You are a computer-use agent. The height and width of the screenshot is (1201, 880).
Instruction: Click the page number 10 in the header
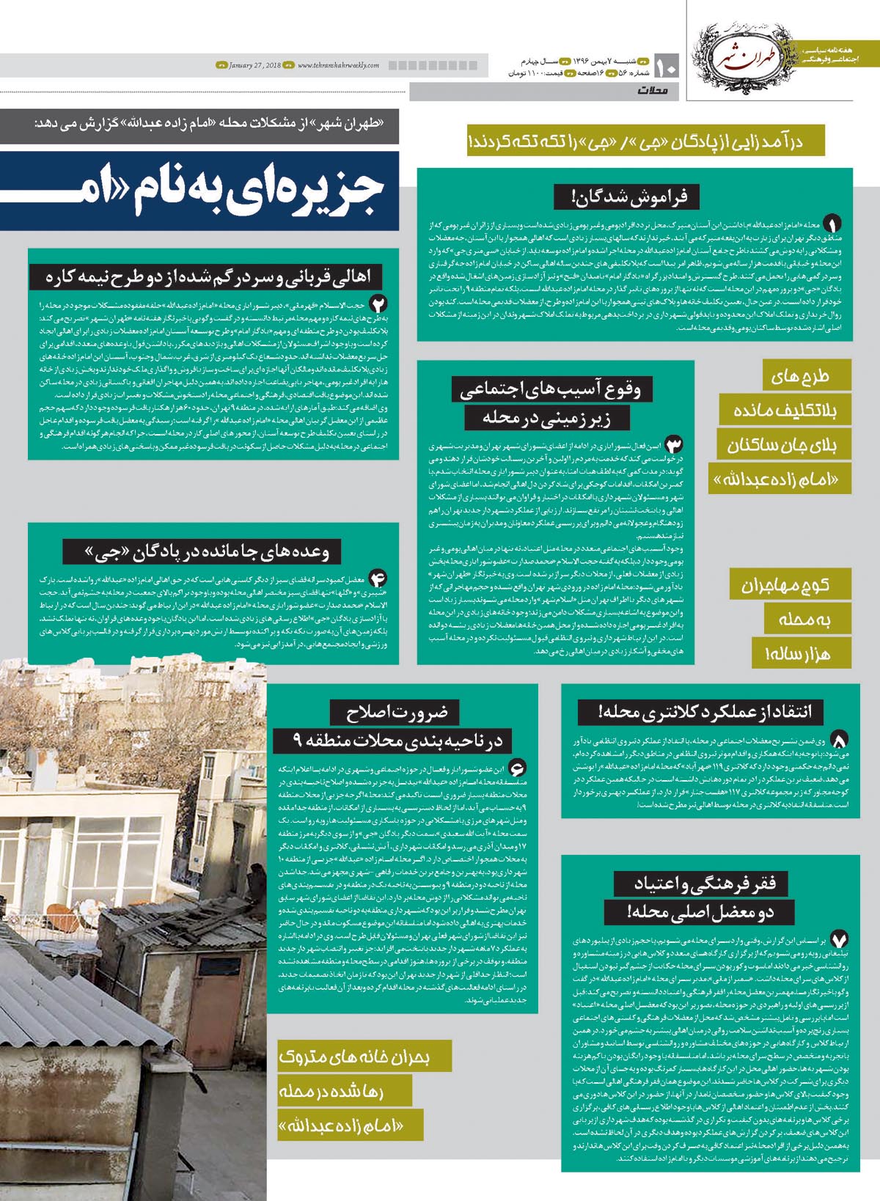(x=667, y=67)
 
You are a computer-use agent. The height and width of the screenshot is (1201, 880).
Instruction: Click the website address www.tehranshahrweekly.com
(x=339, y=66)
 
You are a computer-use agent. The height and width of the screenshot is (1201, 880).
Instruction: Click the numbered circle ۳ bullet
(x=673, y=444)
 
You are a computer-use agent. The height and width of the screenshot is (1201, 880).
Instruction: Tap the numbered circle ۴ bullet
(x=378, y=577)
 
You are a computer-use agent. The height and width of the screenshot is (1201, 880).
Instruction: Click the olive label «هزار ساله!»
(x=801, y=653)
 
